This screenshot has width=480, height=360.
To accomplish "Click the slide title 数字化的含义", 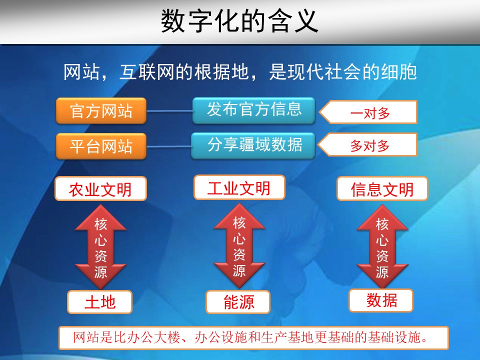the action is pyautogui.click(x=239, y=21).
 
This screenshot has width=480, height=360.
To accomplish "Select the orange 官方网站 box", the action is pyautogui.click(x=101, y=111).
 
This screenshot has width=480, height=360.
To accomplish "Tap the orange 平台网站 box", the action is pyautogui.click(x=101, y=146).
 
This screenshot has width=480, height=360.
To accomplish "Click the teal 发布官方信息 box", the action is pyautogui.click(x=254, y=110).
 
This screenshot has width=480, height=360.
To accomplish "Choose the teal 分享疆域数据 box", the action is pyautogui.click(x=253, y=145).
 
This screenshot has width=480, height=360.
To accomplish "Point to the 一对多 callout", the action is pyautogui.click(x=368, y=112).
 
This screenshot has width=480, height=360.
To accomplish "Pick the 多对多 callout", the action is pyautogui.click(x=367, y=145).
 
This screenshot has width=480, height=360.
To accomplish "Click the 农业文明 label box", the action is pyautogui.click(x=100, y=189).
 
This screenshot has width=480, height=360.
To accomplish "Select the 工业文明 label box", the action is pyautogui.click(x=239, y=187).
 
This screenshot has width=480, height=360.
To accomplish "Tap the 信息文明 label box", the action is pyautogui.click(x=382, y=189).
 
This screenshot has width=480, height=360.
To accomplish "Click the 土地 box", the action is pyautogui.click(x=100, y=302).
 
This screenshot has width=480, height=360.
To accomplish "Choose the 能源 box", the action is pyautogui.click(x=238, y=302).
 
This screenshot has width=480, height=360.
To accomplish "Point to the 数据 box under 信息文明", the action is pyautogui.click(x=381, y=300).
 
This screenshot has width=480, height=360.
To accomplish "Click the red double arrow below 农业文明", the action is pyautogui.click(x=100, y=246).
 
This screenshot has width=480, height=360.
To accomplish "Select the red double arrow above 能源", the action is pyautogui.click(x=239, y=246).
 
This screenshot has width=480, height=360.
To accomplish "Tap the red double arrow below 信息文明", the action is pyautogui.click(x=382, y=246).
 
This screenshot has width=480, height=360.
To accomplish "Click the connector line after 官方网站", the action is pyautogui.click(x=169, y=111).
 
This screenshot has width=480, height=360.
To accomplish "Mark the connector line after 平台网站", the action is pyautogui.click(x=168, y=146).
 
